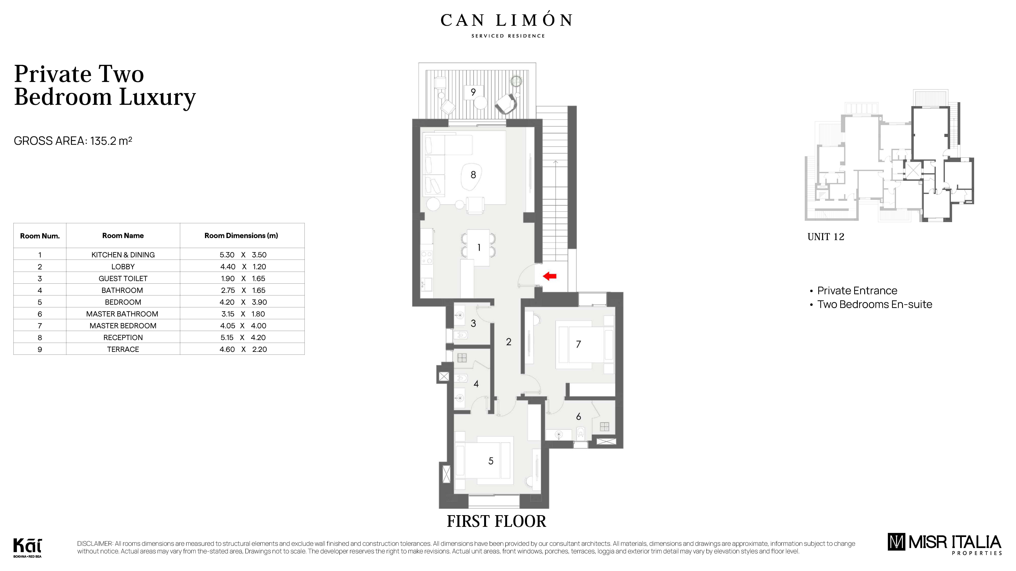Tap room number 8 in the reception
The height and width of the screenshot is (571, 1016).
473,175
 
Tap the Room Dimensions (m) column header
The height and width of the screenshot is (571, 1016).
241,236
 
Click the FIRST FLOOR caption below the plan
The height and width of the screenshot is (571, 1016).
496,521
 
